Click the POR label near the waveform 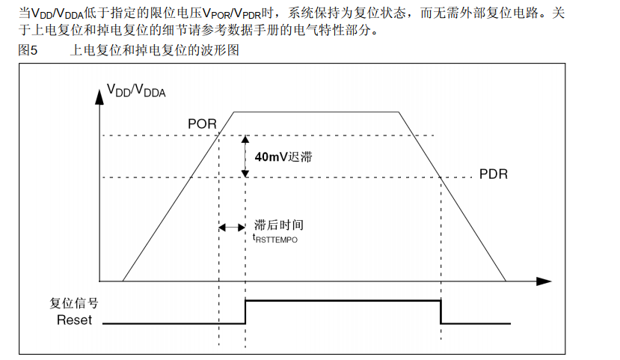click(x=201, y=123)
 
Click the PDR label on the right click(x=494, y=174)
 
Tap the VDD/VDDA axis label click(x=136, y=91)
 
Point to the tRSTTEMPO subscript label click(x=275, y=238)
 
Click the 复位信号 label click(x=74, y=304)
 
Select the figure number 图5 click(x=27, y=51)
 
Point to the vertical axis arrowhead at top click(x=99, y=94)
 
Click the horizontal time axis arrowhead click(x=544, y=281)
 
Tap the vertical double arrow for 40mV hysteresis click(x=244, y=156)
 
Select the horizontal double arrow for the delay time click(x=231, y=227)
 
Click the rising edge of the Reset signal click(x=245, y=311)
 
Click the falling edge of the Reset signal click(x=441, y=311)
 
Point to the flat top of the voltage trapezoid click(x=318, y=112)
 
